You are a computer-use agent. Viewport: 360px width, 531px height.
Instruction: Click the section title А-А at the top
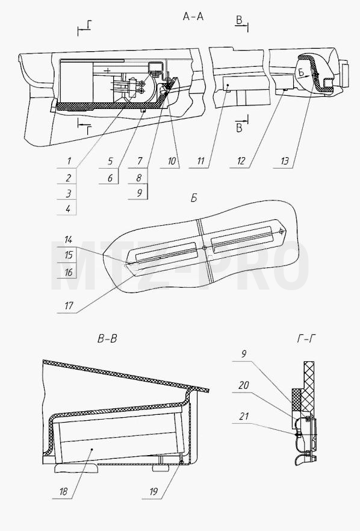tap(193, 16)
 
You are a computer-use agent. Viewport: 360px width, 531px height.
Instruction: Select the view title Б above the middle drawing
tap(194, 198)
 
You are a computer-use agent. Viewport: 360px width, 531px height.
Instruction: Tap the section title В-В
tap(107, 339)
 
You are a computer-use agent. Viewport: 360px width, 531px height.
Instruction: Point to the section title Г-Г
tap(307, 338)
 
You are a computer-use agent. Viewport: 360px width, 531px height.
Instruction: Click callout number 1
tap(69, 161)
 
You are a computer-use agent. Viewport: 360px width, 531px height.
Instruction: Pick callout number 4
tap(69, 208)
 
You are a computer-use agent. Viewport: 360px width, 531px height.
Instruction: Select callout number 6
tap(110, 178)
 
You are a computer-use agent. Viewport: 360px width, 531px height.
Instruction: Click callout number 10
tap(172, 161)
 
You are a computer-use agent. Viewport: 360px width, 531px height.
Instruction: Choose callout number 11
tap(201, 161)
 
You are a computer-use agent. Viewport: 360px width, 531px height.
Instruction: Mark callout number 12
tap(241, 161)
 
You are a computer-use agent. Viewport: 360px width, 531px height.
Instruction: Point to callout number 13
tap(285, 161)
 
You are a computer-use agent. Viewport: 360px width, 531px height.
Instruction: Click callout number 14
tap(69, 240)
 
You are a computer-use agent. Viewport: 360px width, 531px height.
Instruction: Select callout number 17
tap(69, 306)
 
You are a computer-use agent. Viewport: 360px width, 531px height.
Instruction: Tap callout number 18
tap(64, 491)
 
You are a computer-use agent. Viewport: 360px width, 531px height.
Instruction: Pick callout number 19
tap(154, 491)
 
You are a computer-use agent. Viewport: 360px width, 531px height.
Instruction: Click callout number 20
tap(244, 385)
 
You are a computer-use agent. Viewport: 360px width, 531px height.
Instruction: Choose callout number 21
tap(244, 416)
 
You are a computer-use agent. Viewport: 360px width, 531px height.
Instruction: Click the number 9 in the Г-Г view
tap(244, 354)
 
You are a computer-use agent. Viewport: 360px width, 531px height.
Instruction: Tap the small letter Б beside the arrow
tap(302, 72)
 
